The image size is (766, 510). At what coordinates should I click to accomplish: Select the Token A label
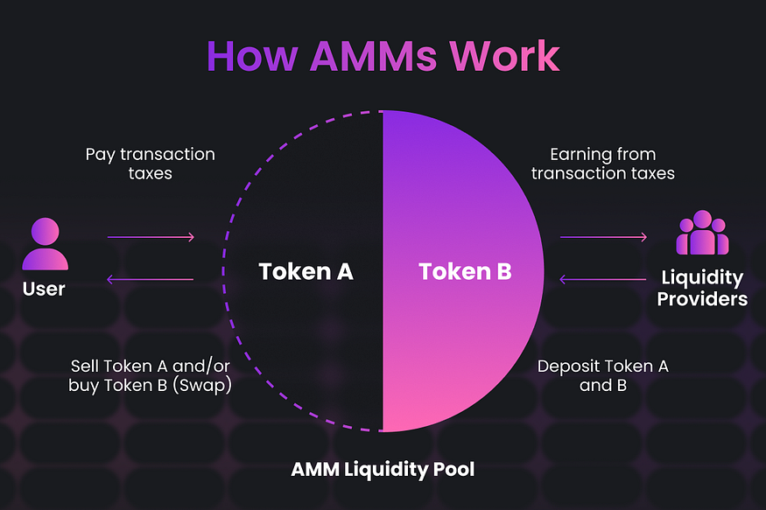point(306,271)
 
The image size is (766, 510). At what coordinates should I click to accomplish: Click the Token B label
point(465,271)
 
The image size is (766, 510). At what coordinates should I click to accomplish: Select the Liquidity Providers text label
point(703,289)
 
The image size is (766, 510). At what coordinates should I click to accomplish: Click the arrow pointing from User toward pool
point(151,237)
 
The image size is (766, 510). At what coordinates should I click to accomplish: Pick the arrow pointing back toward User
point(151,280)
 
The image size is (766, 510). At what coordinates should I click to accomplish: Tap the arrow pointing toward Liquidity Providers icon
point(603,237)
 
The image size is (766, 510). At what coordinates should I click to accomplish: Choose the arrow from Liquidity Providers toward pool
point(603,280)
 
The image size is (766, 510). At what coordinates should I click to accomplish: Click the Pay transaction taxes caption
point(150,164)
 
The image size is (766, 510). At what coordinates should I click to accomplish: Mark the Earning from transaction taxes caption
point(602,164)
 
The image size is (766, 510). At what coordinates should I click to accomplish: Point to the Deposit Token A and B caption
point(602,375)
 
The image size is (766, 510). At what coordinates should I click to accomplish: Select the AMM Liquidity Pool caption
point(383,470)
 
